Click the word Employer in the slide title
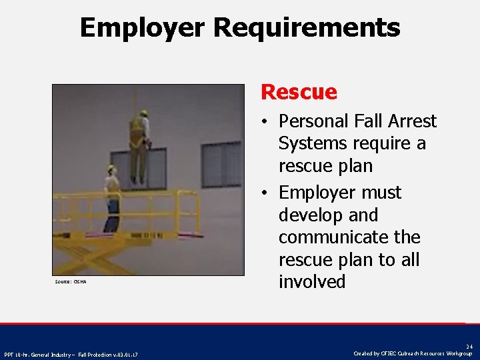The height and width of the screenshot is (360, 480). pyautogui.click(x=143, y=28)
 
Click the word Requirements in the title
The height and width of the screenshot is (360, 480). pyautogui.click(x=307, y=28)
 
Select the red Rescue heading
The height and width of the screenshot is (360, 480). pyautogui.click(x=299, y=91)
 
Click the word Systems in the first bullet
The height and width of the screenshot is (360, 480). pyautogui.click(x=312, y=144)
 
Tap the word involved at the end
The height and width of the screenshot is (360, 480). pyautogui.click(x=312, y=282)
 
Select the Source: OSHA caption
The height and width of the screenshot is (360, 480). pyautogui.click(x=70, y=282)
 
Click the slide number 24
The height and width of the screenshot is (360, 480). pyautogui.click(x=469, y=347)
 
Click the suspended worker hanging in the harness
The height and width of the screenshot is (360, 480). pyautogui.click(x=139, y=147)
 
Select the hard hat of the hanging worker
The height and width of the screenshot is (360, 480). pyautogui.click(x=143, y=112)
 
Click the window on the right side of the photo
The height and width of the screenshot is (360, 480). pyautogui.click(x=221, y=164)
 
